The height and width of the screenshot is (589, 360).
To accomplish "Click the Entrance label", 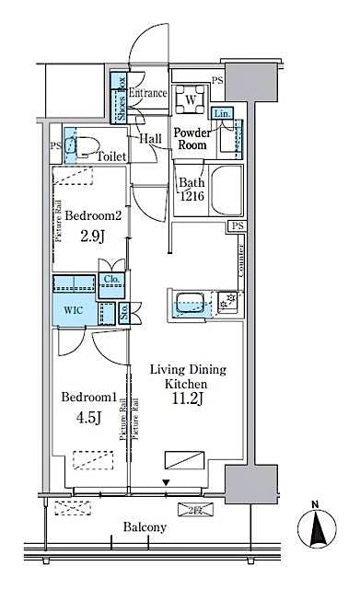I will point(147,93).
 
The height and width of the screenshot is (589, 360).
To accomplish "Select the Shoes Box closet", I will point(120,97).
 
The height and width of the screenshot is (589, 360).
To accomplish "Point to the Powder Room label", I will point(193,138).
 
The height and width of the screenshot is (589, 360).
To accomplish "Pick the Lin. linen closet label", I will point(222,114).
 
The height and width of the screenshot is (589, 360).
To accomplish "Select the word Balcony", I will point(145,527).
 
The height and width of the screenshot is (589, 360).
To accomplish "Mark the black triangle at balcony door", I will point(166,482).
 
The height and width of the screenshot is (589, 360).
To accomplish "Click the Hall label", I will point(151,138).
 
